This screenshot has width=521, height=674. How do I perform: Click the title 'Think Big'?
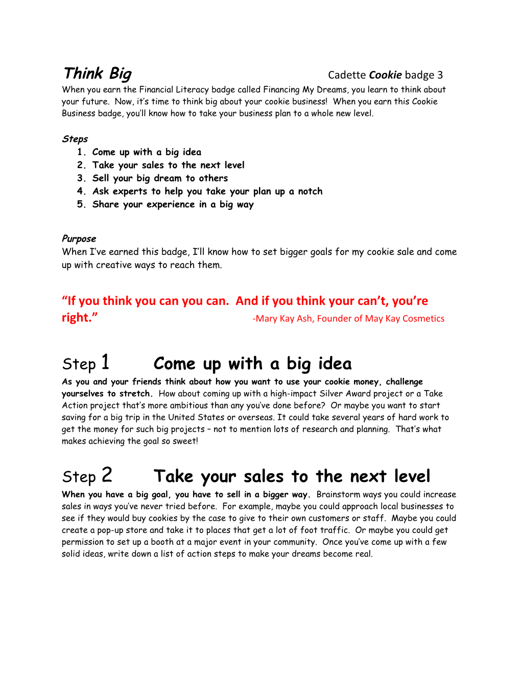(98, 74)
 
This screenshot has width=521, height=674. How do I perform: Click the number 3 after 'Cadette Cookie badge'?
(440, 75)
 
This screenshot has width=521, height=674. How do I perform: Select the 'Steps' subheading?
(75, 139)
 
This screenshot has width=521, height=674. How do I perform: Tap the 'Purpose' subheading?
(79, 238)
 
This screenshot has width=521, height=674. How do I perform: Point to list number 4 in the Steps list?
(81, 191)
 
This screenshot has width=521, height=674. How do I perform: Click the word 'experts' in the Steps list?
(130, 191)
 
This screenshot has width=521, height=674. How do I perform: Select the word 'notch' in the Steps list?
(310, 191)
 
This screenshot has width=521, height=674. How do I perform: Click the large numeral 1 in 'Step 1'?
(105, 362)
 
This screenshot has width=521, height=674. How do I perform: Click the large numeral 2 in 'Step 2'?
(106, 475)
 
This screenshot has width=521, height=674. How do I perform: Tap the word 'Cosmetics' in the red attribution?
(423, 319)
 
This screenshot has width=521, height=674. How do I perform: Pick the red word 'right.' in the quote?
(79, 318)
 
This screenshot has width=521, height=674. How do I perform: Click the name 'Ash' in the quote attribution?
(304, 319)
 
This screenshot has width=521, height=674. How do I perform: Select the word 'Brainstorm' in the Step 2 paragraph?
(338, 494)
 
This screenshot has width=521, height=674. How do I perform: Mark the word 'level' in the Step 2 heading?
(412, 476)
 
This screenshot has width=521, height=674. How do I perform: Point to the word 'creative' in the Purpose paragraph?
(115, 265)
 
